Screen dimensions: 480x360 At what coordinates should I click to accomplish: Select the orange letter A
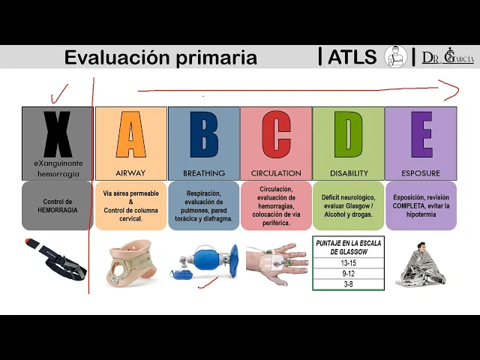(x=131, y=136)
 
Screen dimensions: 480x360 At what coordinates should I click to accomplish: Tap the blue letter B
(x=204, y=136)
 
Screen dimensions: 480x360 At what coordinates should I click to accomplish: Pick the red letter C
(x=276, y=136)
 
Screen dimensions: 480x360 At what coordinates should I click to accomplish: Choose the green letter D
(x=349, y=136)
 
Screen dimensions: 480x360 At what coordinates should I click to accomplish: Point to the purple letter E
(x=421, y=136)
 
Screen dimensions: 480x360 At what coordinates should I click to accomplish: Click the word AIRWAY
(x=131, y=173)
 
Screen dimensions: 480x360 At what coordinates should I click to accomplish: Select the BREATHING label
(x=204, y=173)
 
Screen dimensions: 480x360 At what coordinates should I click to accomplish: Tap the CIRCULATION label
(x=276, y=173)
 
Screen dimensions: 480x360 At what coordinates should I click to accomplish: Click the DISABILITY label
(x=349, y=173)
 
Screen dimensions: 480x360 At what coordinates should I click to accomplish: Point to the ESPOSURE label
(x=421, y=173)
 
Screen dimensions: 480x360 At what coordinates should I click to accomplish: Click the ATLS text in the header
(x=352, y=57)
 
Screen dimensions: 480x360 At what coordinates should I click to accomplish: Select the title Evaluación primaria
(x=160, y=58)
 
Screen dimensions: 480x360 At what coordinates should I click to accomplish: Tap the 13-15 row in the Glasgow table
(x=348, y=263)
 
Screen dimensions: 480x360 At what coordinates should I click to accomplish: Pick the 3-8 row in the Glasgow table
(x=348, y=284)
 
